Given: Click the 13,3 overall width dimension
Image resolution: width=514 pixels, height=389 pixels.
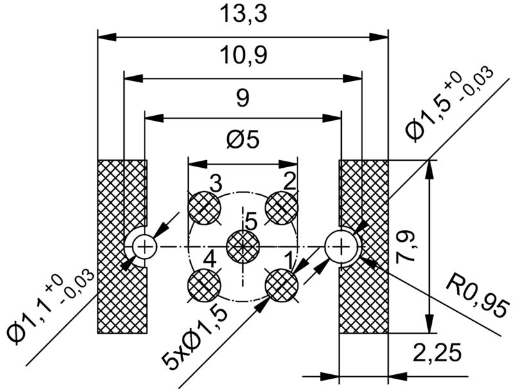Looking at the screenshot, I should pos(242,15).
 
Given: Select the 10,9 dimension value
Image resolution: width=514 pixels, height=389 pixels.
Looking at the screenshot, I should pos(242,56).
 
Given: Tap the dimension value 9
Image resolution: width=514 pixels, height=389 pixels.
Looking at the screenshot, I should pos(242,98).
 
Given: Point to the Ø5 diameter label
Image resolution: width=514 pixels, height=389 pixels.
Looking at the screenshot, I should pos(243,140).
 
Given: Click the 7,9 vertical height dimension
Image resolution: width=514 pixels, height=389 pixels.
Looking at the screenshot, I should pos(411,247).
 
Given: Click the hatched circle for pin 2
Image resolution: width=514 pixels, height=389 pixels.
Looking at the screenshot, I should pos(281,208).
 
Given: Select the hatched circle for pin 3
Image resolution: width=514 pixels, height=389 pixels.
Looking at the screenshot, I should pos(204,208).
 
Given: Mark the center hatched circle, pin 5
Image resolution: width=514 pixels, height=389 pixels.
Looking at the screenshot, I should pos(243,246).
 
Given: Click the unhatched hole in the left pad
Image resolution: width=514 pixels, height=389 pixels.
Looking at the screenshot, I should pos(145,246).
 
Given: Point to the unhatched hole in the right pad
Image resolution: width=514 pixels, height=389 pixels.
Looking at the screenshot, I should pos(341,246).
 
